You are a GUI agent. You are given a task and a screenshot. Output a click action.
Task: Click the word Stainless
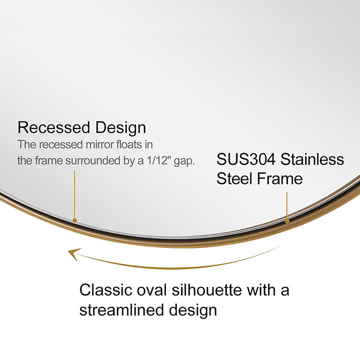(312, 159)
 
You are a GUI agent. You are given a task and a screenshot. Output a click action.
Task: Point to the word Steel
(235, 178)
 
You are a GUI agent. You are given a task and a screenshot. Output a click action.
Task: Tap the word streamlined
(119, 309)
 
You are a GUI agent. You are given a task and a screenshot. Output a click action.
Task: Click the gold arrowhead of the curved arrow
(74, 254)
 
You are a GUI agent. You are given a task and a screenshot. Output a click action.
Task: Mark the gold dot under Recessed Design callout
(74, 219)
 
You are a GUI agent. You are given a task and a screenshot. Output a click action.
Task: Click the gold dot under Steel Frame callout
(287, 220)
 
